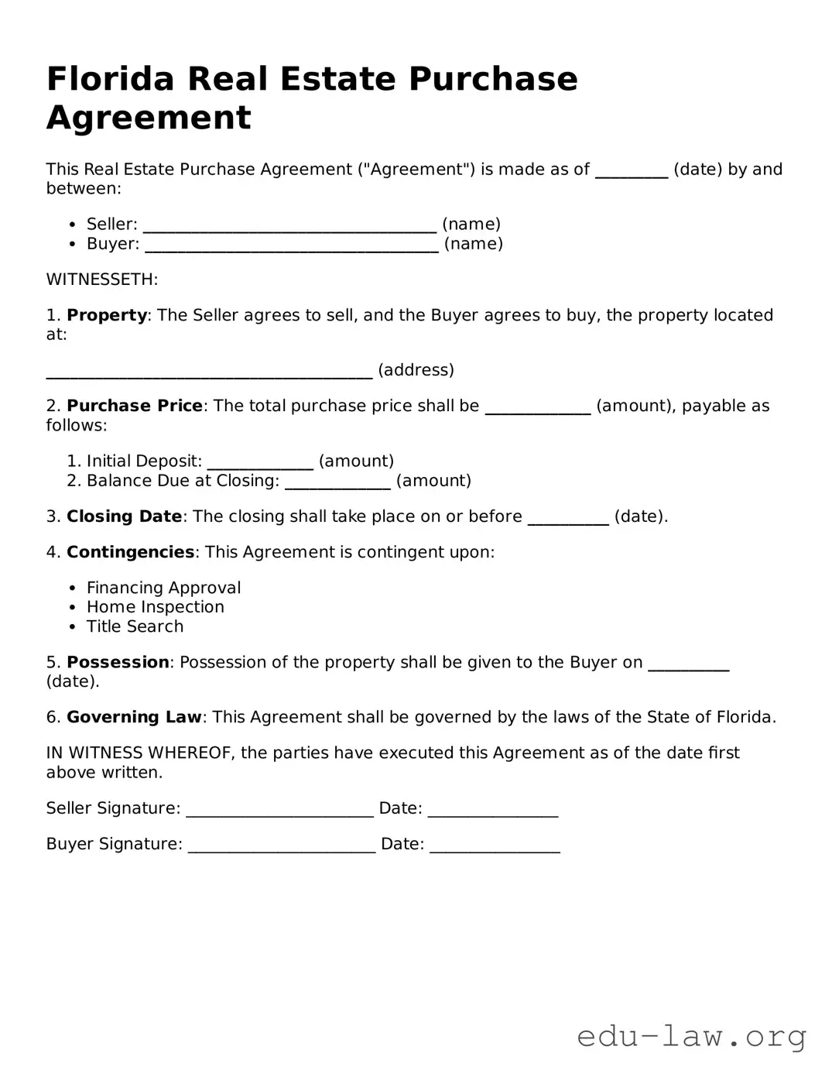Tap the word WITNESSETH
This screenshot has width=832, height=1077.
point(102,280)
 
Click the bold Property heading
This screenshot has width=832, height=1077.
point(107,316)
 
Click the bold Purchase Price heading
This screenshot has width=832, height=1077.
point(135,406)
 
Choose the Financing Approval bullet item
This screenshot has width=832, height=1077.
point(163,588)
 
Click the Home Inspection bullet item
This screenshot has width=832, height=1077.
point(155,608)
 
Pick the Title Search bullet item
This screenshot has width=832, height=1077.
point(135,627)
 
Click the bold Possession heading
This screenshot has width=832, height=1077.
point(118,663)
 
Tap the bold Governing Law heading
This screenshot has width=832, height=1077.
point(134,718)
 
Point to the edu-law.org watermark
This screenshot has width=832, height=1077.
point(691,1036)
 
